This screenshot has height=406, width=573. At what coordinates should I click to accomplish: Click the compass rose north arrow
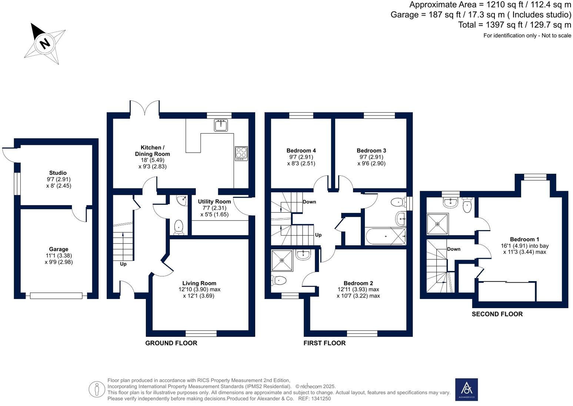[44, 43]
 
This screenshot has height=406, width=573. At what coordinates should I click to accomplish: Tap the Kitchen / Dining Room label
[152, 150]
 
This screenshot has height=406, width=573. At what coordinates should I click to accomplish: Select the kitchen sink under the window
[221, 125]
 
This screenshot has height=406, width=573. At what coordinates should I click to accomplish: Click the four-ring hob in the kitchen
[241, 153]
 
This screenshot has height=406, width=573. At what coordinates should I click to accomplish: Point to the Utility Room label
[214, 202]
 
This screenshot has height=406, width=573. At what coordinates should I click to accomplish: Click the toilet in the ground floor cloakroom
[179, 227]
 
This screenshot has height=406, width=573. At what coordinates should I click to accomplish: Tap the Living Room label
[199, 283]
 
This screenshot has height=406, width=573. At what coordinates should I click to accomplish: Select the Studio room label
[58, 173]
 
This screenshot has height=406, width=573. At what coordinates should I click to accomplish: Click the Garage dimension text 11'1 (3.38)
[59, 256]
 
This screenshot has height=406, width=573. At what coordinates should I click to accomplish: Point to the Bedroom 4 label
[301, 150]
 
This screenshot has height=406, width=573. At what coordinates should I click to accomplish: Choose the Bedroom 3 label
[371, 150]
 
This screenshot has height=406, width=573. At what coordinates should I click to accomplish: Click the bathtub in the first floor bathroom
[385, 236]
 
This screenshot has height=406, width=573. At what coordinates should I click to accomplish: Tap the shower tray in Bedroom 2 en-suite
[282, 260]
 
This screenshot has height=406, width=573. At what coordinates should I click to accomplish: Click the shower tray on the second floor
[437, 224]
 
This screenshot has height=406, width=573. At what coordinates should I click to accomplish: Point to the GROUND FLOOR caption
[171, 343]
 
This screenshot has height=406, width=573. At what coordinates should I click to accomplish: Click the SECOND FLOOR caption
[497, 314]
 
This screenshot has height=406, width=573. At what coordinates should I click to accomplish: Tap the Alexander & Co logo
[466, 389]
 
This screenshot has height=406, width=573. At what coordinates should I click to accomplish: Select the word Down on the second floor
[453, 249]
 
